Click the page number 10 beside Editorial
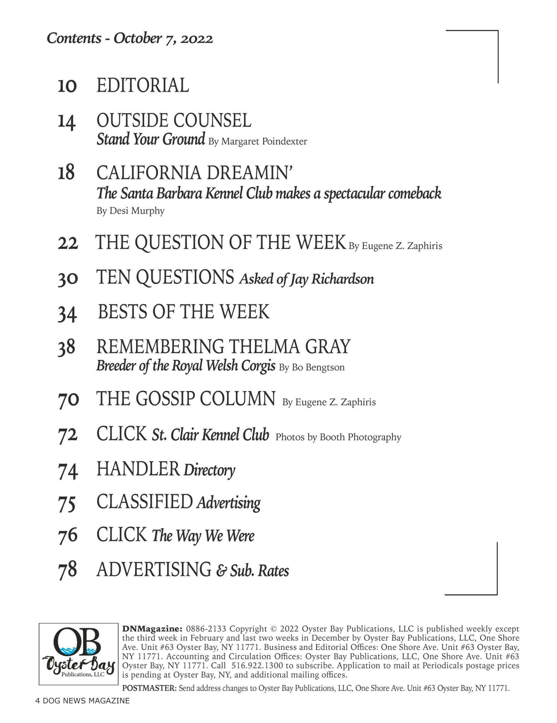click(67, 86)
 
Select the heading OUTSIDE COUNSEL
click(174, 120)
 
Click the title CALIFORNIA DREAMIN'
click(194, 173)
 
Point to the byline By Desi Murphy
click(130, 211)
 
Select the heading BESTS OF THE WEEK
click(184, 312)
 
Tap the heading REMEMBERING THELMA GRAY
click(223, 347)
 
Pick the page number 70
click(68, 399)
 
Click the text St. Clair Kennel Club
click(210, 435)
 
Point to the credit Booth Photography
click(360, 437)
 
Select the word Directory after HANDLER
click(209, 470)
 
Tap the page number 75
click(67, 503)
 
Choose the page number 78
click(67, 570)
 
